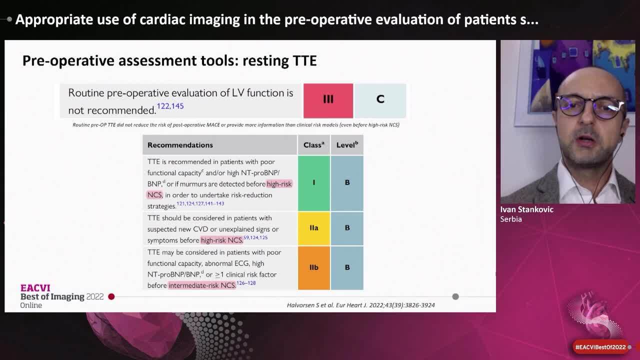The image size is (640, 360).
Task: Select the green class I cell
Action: pyautogui.click(x=314, y=183)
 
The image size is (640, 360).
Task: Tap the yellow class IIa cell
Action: pyautogui.click(x=314, y=228)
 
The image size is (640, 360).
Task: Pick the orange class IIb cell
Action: pyautogui.click(x=314, y=268)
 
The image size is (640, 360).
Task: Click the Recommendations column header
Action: pyautogui.click(x=180, y=145)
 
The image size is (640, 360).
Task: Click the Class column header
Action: pyautogui.click(x=313, y=145)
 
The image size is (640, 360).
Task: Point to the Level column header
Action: pyautogui.click(x=347, y=145)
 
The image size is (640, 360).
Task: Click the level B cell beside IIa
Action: pyautogui.click(x=347, y=228)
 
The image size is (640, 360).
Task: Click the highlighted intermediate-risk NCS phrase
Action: pyautogui.click(x=202, y=285)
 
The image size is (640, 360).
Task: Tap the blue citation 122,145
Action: pyautogui.click(x=170, y=106)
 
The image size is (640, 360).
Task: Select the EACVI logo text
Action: pyautogui.click(x=35, y=288)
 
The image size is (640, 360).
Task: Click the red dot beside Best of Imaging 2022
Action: pyautogui.click(x=111, y=296)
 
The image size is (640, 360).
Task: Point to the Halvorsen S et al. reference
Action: pyautogui.click(x=360, y=305)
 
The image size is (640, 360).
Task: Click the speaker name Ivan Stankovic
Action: pyautogui.click(x=526, y=209)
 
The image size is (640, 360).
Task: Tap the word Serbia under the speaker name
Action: pyautogui.click(x=511, y=219)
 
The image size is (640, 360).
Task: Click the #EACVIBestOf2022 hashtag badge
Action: pyautogui.click(x=600, y=347)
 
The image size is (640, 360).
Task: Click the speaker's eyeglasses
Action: pyautogui.click(x=590, y=106)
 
